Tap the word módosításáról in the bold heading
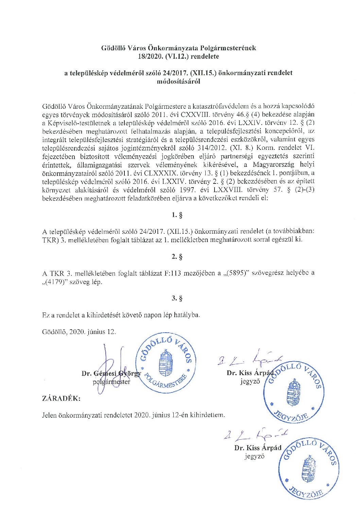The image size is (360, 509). point(178,81)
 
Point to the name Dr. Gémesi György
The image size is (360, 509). point(111,374)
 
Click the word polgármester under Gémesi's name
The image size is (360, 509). point(111,382)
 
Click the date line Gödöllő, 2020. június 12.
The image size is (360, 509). point(79,331)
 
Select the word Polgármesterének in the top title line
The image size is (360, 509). point(228,48)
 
